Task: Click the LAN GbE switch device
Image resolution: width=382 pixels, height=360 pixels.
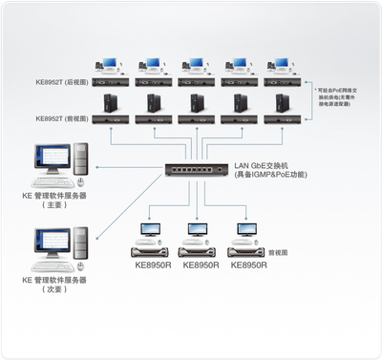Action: pyautogui.click(x=196, y=171)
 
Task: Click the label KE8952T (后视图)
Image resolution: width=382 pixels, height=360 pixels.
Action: pyautogui.click(x=64, y=83)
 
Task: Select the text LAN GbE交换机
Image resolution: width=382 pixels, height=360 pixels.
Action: pyautogui.click(x=262, y=165)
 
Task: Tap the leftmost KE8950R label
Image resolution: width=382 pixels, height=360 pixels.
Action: pyautogui.click(x=153, y=265)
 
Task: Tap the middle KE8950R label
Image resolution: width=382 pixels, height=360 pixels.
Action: pyautogui.click(x=202, y=265)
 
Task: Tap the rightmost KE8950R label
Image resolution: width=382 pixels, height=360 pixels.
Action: pyautogui.click(x=250, y=265)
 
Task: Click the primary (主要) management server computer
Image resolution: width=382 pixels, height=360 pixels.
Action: pyautogui.click(x=60, y=166)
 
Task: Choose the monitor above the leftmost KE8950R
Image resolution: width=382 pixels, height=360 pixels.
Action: pyautogui.click(x=152, y=231)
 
